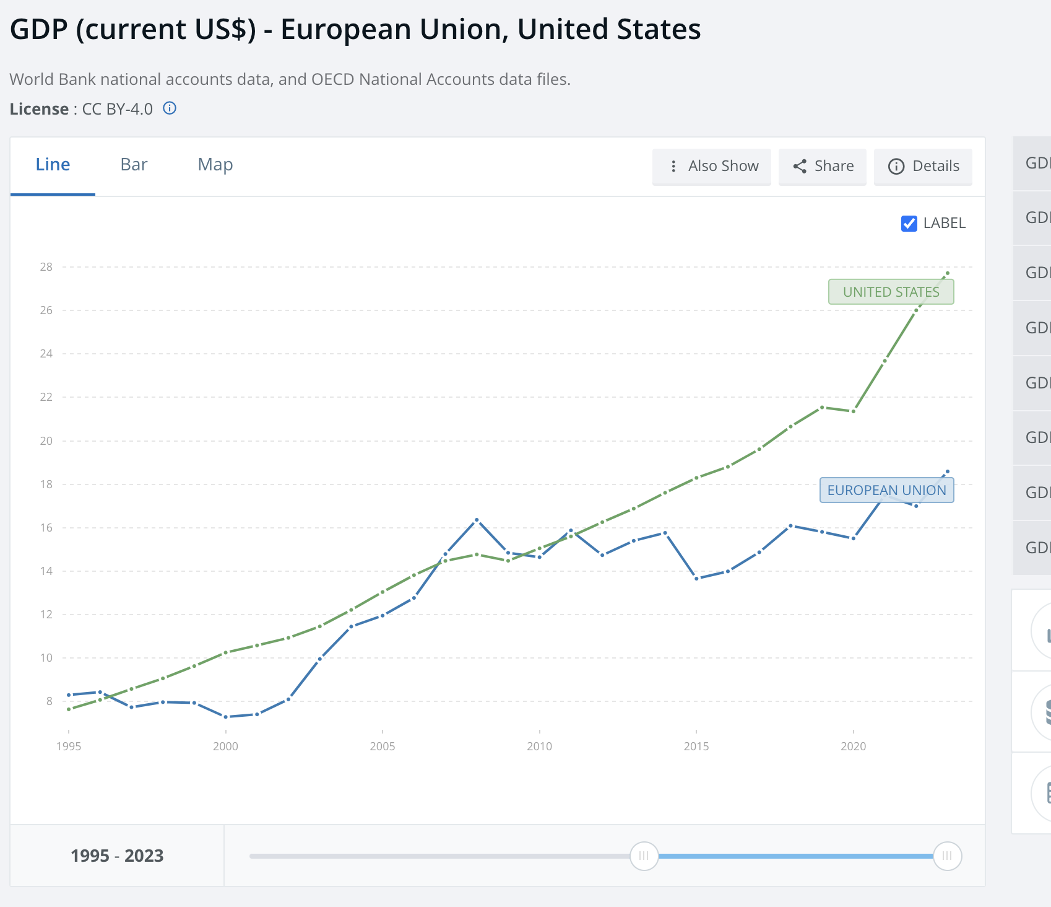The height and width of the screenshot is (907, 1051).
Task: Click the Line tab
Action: (x=53, y=165)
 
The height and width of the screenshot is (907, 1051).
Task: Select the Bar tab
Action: (x=134, y=165)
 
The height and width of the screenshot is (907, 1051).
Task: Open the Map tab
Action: (x=215, y=165)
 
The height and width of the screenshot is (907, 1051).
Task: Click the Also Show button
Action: (x=712, y=167)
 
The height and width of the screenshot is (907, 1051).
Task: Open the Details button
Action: (x=923, y=167)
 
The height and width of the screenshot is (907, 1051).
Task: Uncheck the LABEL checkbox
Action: (x=909, y=224)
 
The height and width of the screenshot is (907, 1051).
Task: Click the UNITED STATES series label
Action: (x=891, y=292)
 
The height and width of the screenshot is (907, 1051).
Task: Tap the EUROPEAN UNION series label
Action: (x=886, y=490)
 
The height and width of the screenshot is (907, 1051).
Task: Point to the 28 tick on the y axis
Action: (x=46, y=267)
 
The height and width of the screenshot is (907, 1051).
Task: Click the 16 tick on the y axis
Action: (x=46, y=528)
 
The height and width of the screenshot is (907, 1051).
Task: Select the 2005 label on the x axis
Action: (x=382, y=747)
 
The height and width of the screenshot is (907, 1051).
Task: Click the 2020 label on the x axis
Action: (x=853, y=747)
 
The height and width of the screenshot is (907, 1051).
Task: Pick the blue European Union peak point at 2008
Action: (x=477, y=520)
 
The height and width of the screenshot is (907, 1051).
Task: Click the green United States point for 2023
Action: (x=947, y=273)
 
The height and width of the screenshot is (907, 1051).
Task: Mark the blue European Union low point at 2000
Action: (x=226, y=717)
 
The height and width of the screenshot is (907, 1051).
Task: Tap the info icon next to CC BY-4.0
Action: (x=170, y=108)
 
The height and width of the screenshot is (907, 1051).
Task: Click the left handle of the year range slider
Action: (x=644, y=856)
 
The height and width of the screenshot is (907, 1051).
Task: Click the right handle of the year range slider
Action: (x=947, y=856)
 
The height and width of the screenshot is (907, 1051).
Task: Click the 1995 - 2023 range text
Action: (x=117, y=856)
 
